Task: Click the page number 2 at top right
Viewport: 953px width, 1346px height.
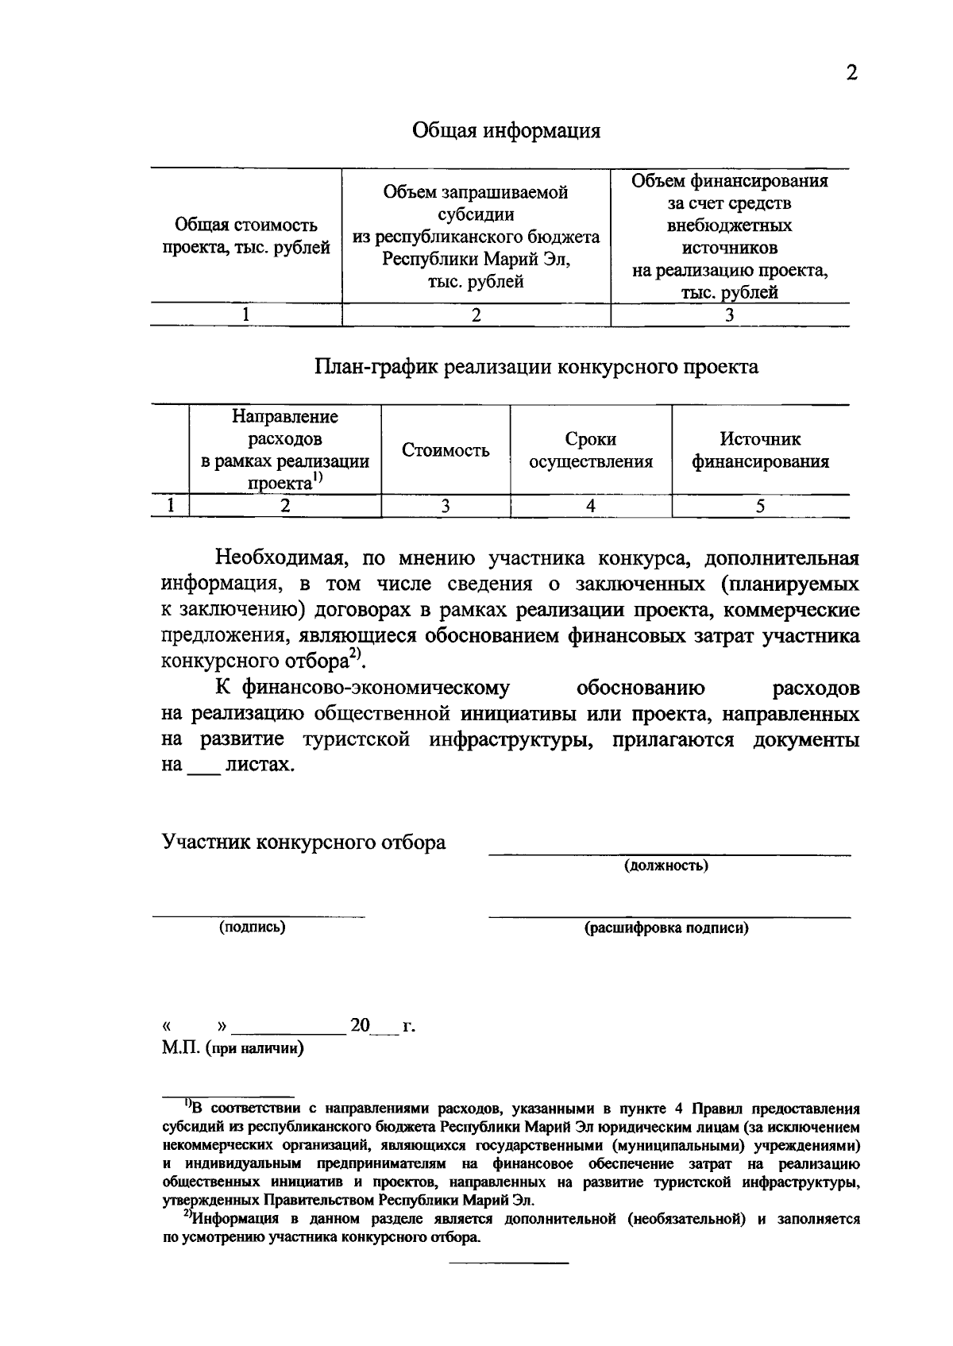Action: click(851, 74)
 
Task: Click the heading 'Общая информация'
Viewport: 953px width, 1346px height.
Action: click(506, 130)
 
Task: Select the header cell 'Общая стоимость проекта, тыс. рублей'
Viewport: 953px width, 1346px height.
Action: click(246, 237)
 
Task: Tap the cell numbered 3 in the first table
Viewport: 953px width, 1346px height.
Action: click(729, 315)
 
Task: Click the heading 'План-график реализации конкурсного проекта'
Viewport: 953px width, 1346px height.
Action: click(536, 367)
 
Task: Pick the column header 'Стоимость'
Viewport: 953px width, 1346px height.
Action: click(445, 451)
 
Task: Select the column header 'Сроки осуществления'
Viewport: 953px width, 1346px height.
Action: click(591, 450)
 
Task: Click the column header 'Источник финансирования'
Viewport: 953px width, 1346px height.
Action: click(760, 450)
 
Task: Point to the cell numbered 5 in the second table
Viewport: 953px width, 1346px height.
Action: click(760, 507)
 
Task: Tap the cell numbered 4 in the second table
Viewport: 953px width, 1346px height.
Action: click(591, 507)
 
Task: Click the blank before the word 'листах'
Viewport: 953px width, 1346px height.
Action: click(203, 767)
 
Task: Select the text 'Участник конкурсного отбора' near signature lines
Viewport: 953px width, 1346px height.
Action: click(304, 843)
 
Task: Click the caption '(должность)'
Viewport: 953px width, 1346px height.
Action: click(666, 866)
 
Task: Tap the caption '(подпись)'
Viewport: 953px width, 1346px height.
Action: click(253, 927)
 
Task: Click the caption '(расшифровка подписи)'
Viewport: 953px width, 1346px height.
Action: click(666, 928)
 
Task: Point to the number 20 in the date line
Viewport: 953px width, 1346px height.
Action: click(360, 1025)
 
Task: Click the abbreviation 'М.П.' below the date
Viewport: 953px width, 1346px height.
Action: click(180, 1049)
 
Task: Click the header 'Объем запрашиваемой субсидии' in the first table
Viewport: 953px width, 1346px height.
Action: click(476, 203)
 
